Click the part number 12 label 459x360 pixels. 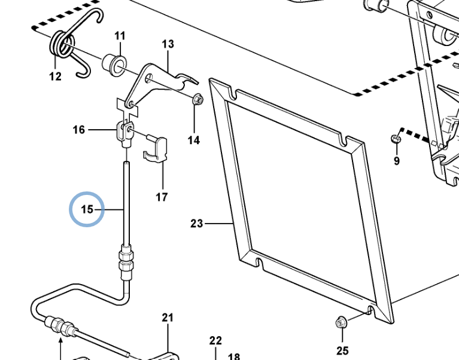(x=55, y=76)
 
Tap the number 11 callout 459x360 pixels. (x=120, y=36)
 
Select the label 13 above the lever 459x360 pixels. (x=168, y=44)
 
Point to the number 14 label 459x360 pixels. (x=193, y=141)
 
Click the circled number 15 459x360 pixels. (x=87, y=209)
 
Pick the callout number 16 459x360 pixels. (x=79, y=130)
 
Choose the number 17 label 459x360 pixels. (x=162, y=197)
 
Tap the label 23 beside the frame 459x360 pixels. (x=197, y=224)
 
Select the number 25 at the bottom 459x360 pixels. (x=342, y=350)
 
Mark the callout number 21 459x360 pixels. (x=168, y=318)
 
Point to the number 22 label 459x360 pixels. (x=215, y=341)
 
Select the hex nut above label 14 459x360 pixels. (x=197, y=100)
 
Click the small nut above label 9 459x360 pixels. (x=395, y=139)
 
